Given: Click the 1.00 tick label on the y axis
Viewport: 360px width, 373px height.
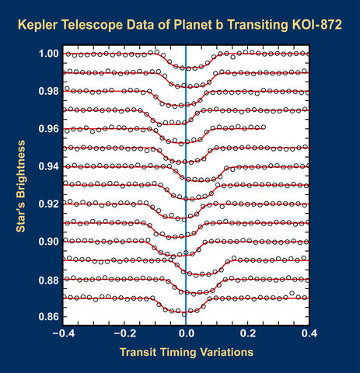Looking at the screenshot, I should (48, 54).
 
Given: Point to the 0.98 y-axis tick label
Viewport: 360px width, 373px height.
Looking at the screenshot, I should (48, 92).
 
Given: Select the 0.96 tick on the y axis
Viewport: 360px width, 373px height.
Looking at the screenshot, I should (48, 129).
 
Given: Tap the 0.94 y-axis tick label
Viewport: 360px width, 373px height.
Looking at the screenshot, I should (48, 166).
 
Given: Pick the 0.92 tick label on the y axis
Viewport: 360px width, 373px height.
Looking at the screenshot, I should (48, 204).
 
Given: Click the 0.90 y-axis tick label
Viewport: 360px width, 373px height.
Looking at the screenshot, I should (48, 242).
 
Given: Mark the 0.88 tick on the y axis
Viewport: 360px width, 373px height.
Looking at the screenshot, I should (48, 279).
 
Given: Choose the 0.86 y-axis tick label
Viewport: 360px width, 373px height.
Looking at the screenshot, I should (48, 317).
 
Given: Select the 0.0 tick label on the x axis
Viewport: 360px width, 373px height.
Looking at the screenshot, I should (186, 333).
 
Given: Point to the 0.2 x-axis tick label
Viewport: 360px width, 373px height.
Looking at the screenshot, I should (248, 333).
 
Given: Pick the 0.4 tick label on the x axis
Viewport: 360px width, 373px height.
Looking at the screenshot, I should (309, 333).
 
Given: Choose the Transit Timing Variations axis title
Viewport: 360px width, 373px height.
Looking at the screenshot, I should (186, 352).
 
